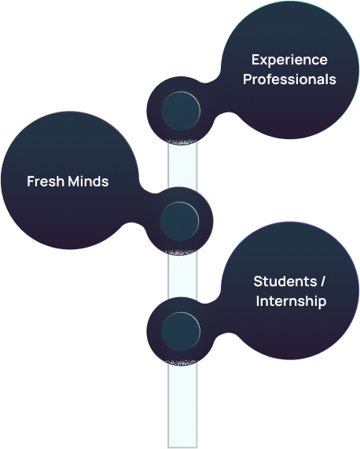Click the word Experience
tap(289, 61)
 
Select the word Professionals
tap(289, 79)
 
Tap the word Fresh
tap(46, 182)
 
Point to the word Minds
tap(88, 182)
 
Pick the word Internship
tap(291, 302)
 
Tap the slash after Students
tap(322, 282)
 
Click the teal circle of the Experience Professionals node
tap(181, 111)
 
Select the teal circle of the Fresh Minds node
tap(179, 221)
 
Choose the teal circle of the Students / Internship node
tap(181, 332)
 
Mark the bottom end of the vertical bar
tap(182, 447)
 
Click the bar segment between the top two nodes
tap(182, 165)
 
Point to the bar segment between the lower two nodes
tap(182, 276)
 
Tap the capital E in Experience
tap(255, 60)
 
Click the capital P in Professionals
tap(248, 79)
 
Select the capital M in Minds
tap(74, 182)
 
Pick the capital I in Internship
tap(258, 301)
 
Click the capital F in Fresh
tap(31, 182)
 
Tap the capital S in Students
tap(258, 282)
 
